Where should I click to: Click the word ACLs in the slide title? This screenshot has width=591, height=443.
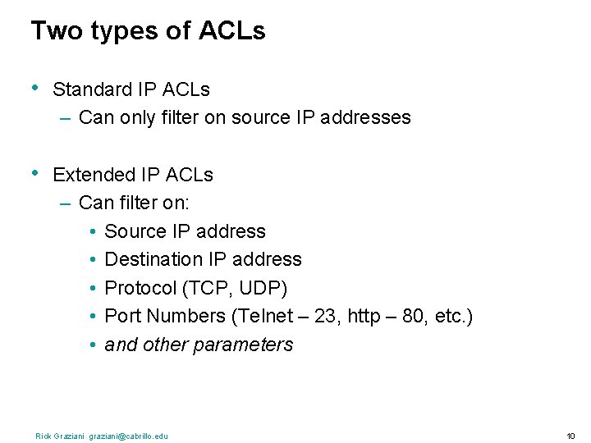pos(232,31)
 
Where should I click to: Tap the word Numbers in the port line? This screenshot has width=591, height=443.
pos(191,316)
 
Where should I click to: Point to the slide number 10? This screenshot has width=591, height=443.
pos(570,436)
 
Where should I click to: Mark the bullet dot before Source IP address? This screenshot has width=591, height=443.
pos(94,232)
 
